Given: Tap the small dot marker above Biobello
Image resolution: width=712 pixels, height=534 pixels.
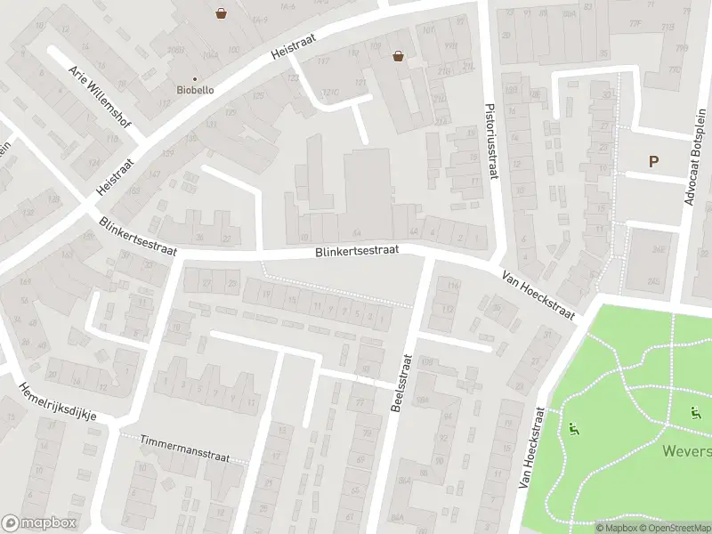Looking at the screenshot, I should coord(194,79).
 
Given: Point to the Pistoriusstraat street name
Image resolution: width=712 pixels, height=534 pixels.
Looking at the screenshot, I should coord(489,138).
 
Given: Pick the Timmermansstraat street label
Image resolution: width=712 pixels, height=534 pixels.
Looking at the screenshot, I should coord(185,449).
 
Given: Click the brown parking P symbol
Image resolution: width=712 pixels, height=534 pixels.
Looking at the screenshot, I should coord(653,161).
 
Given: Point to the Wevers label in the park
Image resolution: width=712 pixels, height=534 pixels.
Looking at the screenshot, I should coord(686,451).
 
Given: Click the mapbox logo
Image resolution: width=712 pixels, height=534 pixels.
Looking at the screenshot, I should coord(39,523).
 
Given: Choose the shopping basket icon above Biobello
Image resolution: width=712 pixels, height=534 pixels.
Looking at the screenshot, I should coord(220,12).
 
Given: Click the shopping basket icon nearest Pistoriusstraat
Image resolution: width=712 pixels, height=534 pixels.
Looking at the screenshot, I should coord(398,56).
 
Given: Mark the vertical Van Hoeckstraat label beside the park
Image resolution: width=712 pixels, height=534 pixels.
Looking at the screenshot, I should coord(531,448).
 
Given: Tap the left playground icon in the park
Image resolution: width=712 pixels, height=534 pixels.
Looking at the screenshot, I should coord(572,430).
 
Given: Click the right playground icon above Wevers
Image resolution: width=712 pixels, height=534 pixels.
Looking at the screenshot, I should coord(695,412).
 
